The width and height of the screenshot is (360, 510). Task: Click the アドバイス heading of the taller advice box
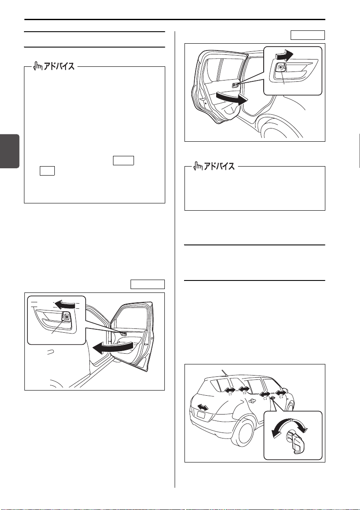(54, 66)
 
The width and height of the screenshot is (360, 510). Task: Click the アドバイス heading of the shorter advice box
(214, 166)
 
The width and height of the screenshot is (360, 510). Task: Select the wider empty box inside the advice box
(124, 161)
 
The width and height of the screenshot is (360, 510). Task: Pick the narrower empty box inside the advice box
(47, 171)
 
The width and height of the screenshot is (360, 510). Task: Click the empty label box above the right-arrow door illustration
(308, 35)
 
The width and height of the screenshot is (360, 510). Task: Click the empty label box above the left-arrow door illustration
(148, 284)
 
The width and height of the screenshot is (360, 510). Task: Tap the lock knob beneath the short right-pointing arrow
(280, 68)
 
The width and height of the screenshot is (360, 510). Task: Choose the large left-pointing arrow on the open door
(113, 348)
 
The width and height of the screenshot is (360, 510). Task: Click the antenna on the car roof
(224, 373)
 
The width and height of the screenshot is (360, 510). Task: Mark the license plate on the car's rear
(201, 415)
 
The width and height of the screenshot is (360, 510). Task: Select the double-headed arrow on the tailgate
(203, 407)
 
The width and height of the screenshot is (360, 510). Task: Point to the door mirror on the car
(285, 390)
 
